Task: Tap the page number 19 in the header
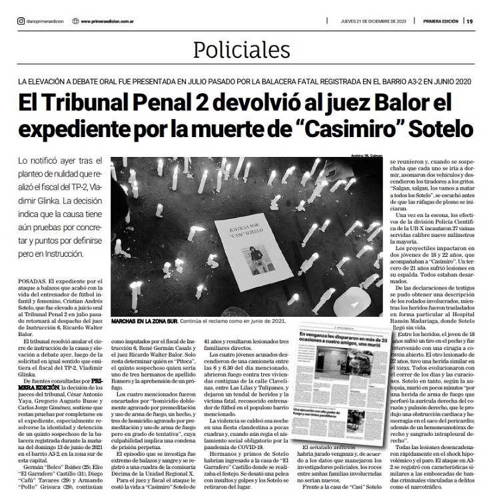tap(470, 21)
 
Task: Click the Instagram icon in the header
tap(21, 21)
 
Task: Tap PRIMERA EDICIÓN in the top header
tap(440, 21)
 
